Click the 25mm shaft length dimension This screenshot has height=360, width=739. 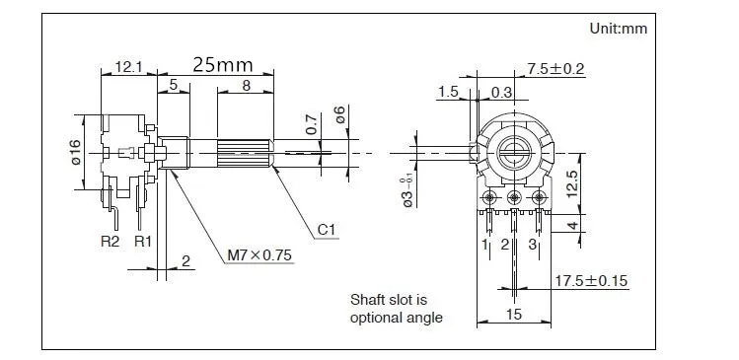222,65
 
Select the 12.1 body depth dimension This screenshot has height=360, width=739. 128,67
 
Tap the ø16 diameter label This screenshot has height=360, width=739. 75,152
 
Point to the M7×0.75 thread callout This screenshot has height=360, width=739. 259,255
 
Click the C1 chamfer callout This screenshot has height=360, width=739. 328,230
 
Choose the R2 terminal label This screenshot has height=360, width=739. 111,242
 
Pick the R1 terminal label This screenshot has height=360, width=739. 143,242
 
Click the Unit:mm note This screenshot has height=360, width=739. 619,29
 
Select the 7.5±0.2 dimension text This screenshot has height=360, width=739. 555,69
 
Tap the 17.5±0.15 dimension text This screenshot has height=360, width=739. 591,281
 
